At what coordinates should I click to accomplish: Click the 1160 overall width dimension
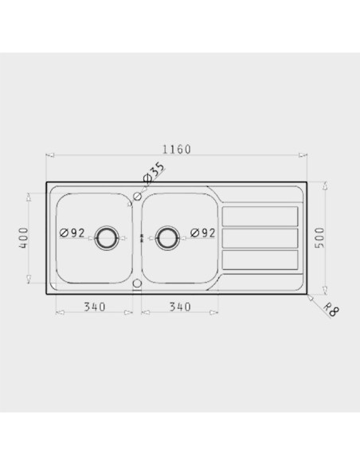pos(177,149)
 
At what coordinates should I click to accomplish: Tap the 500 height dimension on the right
pos(319,237)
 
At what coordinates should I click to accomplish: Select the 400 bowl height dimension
pos(24,238)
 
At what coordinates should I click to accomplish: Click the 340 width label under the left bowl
pos(95,307)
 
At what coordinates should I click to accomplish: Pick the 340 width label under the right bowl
pos(180,307)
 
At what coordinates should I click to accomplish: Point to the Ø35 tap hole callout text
pos(154,172)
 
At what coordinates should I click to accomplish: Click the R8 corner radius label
pos(331,309)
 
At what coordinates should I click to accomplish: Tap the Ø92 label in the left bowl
pos(72,232)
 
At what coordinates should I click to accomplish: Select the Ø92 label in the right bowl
pos(202,232)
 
